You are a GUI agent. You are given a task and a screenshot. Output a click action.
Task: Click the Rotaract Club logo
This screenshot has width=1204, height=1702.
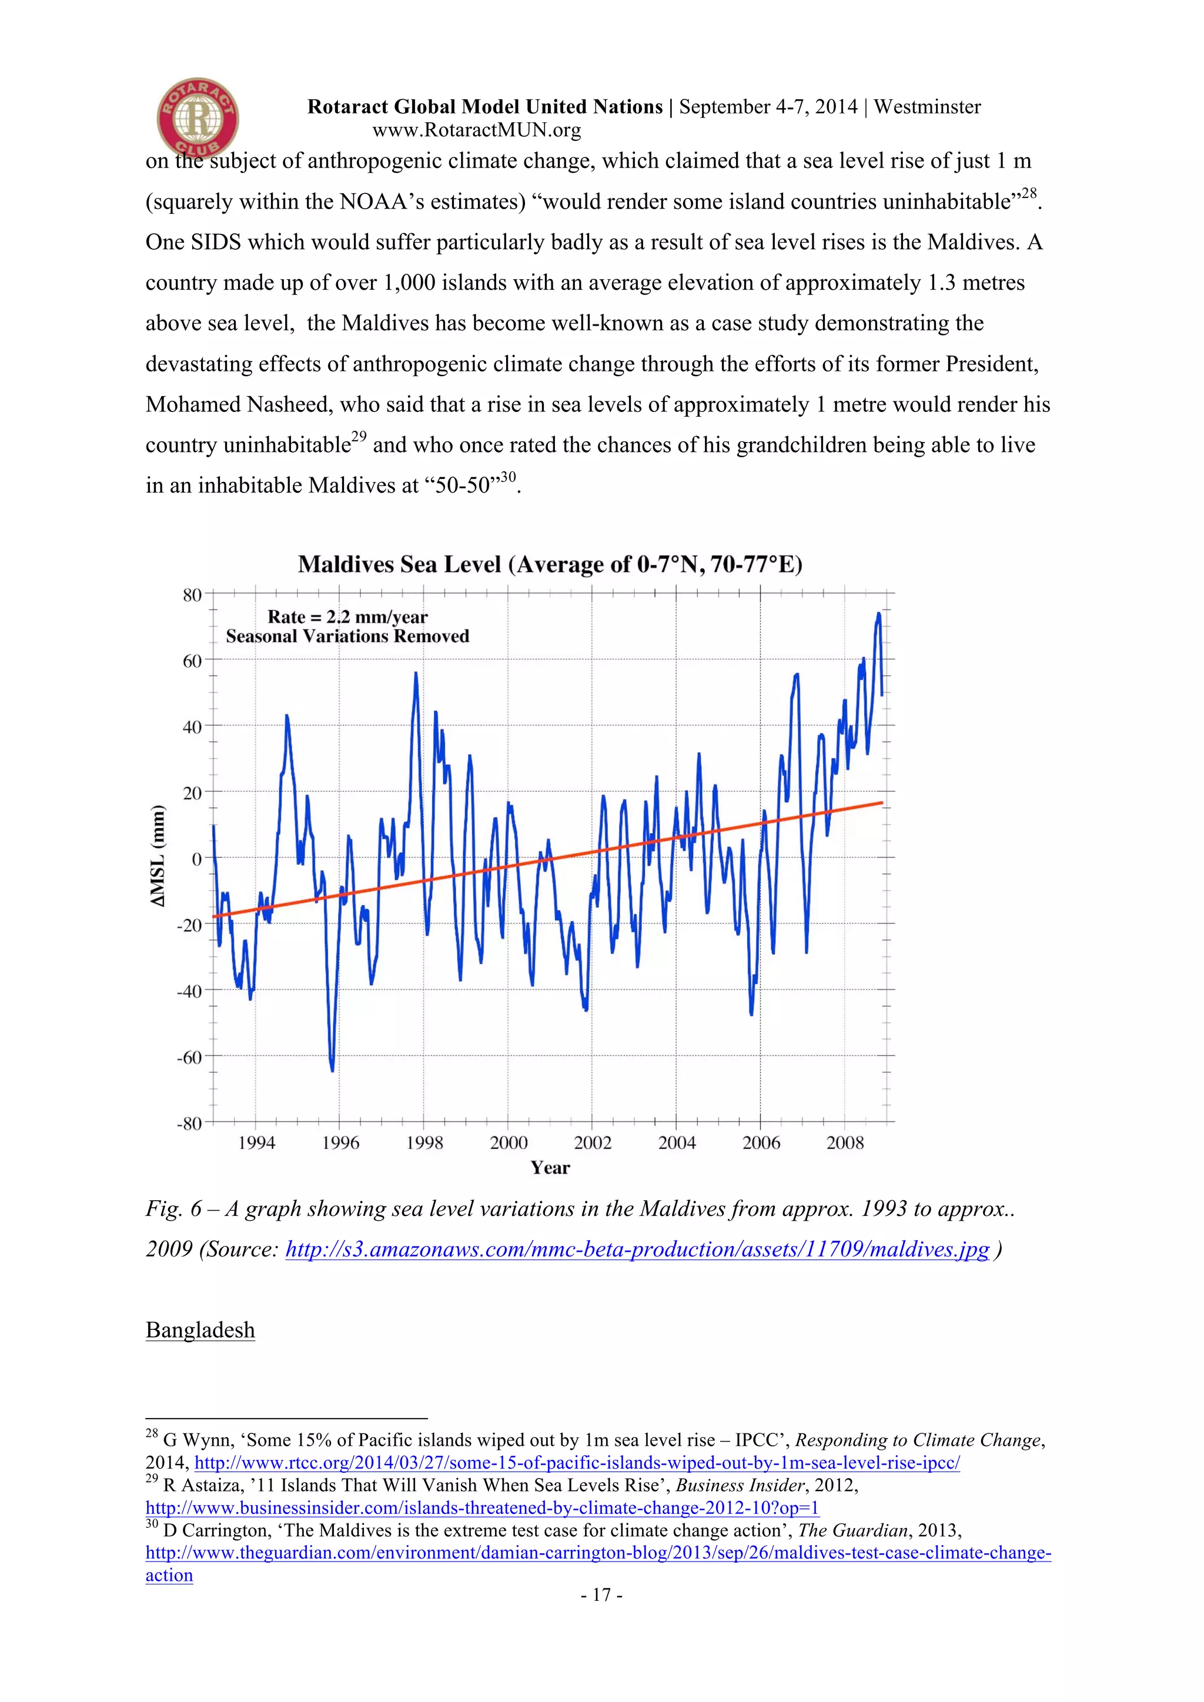click(197, 116)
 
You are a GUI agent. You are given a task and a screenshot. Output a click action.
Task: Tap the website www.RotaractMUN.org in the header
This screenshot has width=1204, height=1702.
click(476, 130)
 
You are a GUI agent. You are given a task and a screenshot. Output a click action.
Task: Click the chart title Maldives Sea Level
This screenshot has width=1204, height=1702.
click(550, 565)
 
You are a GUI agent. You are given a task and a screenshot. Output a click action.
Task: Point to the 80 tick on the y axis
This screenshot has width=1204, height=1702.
click(192, 595)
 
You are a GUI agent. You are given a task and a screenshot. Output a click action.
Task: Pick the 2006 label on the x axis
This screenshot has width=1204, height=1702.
click(761, 1143)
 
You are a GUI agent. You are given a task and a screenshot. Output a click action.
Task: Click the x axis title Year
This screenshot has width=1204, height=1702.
click(550, 1168)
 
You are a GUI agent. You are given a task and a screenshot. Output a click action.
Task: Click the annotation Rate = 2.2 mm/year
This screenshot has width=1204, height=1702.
click(347, 617)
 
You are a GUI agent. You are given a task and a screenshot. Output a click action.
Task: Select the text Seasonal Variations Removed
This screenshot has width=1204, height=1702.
click(347, 636)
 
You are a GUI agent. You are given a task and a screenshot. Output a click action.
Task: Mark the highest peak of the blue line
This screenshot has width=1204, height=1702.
click(878, 614)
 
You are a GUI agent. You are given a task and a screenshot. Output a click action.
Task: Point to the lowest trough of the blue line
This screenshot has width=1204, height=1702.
click(332, 1070)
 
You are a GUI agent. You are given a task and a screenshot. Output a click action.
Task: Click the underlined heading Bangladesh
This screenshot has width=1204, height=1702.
click(200, 1330)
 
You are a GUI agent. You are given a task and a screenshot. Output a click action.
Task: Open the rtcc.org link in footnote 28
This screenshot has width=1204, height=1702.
click(577, 1463)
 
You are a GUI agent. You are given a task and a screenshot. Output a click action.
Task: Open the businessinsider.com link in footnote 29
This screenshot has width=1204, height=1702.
click(482, 1508)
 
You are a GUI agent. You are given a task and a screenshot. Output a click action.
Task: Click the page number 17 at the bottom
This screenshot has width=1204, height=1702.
click(602, 1594)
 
